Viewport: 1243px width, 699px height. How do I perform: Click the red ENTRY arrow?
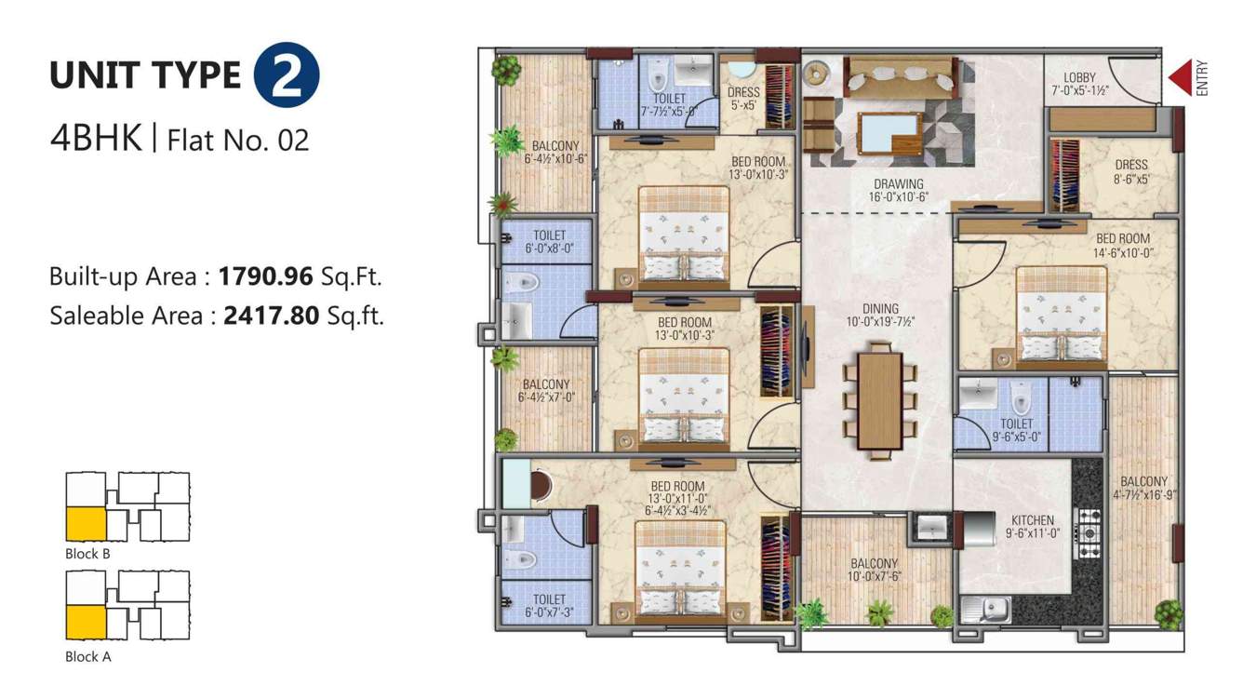tap(1181, 78)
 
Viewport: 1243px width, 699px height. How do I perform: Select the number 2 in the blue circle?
tap(287, 77)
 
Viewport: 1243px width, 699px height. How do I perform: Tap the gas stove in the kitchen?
tap(1087, 533)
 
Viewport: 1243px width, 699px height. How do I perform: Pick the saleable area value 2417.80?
tap(271, 316)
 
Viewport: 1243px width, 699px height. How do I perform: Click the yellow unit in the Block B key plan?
tap(85, 524)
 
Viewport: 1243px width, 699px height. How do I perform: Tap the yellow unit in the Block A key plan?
tap(85, 621)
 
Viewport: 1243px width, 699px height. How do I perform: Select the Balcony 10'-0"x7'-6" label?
tap(874, 570)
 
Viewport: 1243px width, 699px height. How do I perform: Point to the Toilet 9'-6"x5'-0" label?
tap(1016, 429)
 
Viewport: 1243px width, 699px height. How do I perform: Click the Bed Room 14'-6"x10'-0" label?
tap(1122, 245)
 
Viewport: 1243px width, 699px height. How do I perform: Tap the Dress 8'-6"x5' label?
tap(1131, 171)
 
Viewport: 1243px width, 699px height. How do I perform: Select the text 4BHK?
tap(96, 139)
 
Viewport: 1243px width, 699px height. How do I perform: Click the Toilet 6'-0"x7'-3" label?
tap(549, 606)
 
